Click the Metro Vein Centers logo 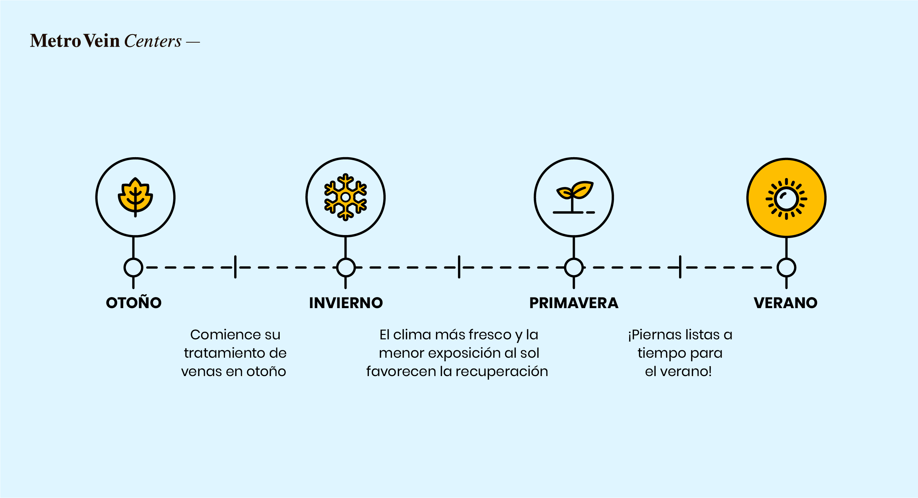click(x=115, y=41)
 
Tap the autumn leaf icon click(x=135, y=197)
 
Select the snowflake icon click(x=345, y=197)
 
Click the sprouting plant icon click(x=574, y=197)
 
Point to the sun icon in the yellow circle click(x=786, y=199)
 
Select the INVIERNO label click(x=346, y=303)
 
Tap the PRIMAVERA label click(x=574, y=303)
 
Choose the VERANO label click(x=785, y=303)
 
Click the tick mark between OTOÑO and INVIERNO click(x=235, y=267)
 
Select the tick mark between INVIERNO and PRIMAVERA click(x=459, y=267)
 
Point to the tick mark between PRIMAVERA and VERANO click(x=680, y=267)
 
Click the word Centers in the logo click(x=153, y=41)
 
